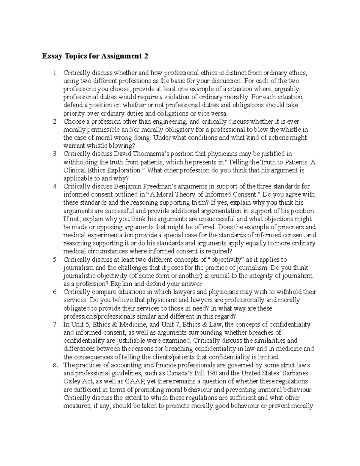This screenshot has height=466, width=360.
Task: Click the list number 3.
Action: [x=55, y=154]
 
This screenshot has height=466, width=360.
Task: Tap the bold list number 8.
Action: [x=55, y=365]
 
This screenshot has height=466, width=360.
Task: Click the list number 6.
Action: [x=55, y=292]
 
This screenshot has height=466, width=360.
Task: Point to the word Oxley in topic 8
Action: [x=71, y=382]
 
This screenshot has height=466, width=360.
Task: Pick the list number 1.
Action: [x=55, y=73]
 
